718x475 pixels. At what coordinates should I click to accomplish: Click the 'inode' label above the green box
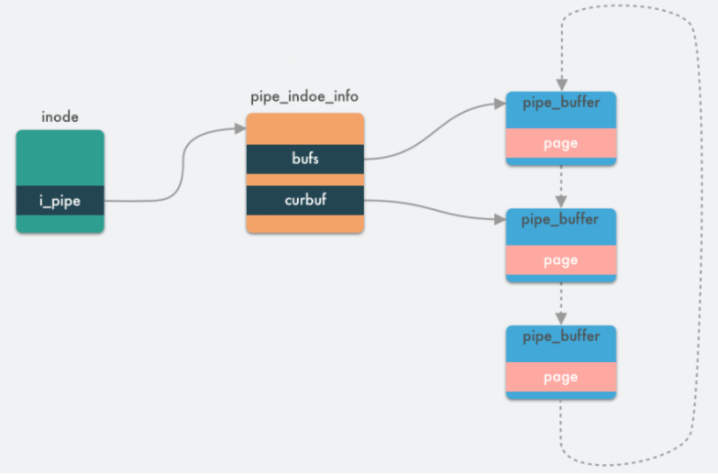[60, 117]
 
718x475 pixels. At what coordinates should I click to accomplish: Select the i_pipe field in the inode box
[60, 201]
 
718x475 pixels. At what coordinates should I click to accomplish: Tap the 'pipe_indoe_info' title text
[304, 97]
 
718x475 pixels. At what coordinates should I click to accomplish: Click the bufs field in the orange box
[304, 160]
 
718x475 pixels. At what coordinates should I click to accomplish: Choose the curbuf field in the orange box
[304, 201]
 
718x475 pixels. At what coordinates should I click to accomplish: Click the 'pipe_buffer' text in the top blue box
[560, 103]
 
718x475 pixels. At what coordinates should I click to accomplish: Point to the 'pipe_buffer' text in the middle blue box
[560, 220]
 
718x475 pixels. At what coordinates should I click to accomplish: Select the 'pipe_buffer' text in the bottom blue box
[560, 337]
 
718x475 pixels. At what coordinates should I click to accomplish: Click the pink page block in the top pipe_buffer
[560, 143]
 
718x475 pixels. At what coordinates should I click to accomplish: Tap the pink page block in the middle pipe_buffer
[560, 260]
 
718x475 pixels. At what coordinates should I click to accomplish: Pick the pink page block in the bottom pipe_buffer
[560, 377]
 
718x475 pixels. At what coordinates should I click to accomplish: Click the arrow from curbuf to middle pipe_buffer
[431, 209]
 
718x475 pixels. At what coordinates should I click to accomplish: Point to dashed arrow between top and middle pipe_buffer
[560, 186]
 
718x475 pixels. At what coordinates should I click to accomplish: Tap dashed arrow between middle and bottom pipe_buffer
[560, 303]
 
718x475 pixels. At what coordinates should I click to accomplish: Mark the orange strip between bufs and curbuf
[304, 180]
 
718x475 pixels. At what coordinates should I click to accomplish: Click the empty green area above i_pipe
[60, 158]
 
